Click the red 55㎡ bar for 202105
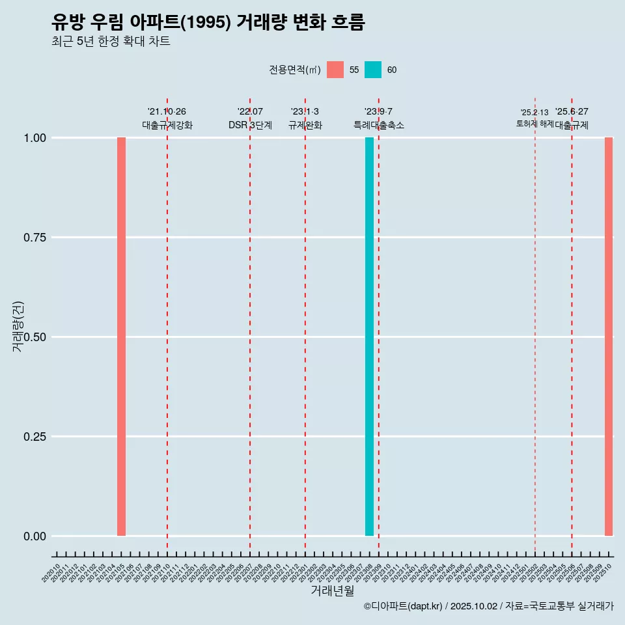[121, 337]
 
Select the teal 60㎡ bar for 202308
[369, 337]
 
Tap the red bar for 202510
[609, 337]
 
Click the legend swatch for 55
[335, 70]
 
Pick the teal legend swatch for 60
[373, 70]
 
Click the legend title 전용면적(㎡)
[294, 70]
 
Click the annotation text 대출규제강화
[167, 125]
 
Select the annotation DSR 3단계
[250, 125]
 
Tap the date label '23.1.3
[305, 112]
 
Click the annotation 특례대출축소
[379, 125]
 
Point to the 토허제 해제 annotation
[534, 123]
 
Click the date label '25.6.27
[572, 112]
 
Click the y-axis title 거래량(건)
[18, 326]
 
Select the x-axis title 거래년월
[332, 591]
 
